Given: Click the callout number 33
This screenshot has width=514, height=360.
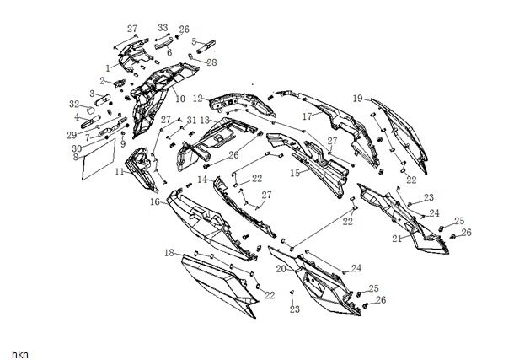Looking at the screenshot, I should pos(163,28).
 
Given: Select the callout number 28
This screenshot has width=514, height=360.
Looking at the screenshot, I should pos(211,62).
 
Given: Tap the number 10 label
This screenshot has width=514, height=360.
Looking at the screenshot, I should pos(180,99).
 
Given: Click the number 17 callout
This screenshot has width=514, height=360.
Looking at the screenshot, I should pos(308,116).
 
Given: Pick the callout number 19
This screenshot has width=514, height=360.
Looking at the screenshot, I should pos(358,98).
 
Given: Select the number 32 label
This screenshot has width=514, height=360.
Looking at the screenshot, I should pos(74,104).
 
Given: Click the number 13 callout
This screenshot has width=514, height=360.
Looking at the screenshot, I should pos(205,120).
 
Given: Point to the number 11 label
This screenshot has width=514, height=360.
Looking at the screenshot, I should pos(120,172).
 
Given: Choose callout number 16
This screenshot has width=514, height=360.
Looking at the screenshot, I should pos(155,202).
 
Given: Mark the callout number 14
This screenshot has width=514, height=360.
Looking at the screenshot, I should pos(203,180).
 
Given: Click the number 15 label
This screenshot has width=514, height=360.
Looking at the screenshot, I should pos(294,173).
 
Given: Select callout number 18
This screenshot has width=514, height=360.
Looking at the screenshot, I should pos(169,252).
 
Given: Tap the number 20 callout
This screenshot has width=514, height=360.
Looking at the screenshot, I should pos(281,267).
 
